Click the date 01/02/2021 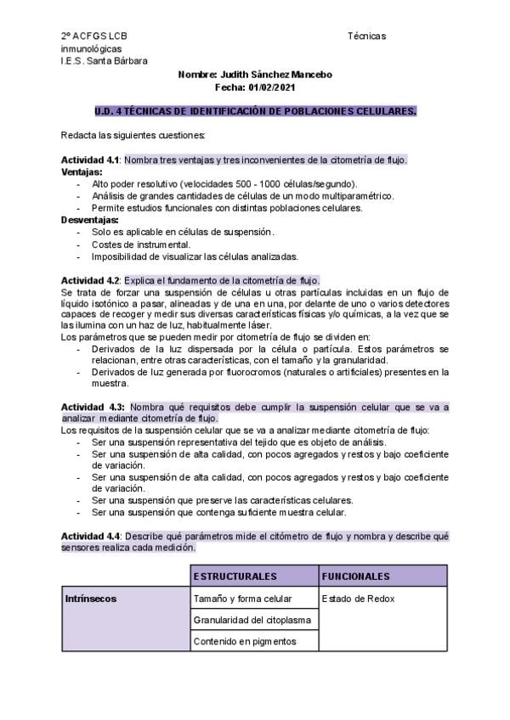point(271,87)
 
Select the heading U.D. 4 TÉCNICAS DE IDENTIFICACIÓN point(255,111)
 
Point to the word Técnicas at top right point(367,36)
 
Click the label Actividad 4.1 point(91,160)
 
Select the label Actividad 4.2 point(91,281)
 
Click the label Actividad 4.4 point(91,537)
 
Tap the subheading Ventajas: point(82,172)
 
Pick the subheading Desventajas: point(89,220)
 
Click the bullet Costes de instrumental point(141,245)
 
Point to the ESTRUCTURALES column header point(235,577)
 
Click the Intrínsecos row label point(91,599)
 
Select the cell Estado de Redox point(358,599)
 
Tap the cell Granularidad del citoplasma point(252,620)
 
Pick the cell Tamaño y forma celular point(242,599)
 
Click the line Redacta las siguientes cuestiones point(133,136)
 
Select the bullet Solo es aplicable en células point(183,232)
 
